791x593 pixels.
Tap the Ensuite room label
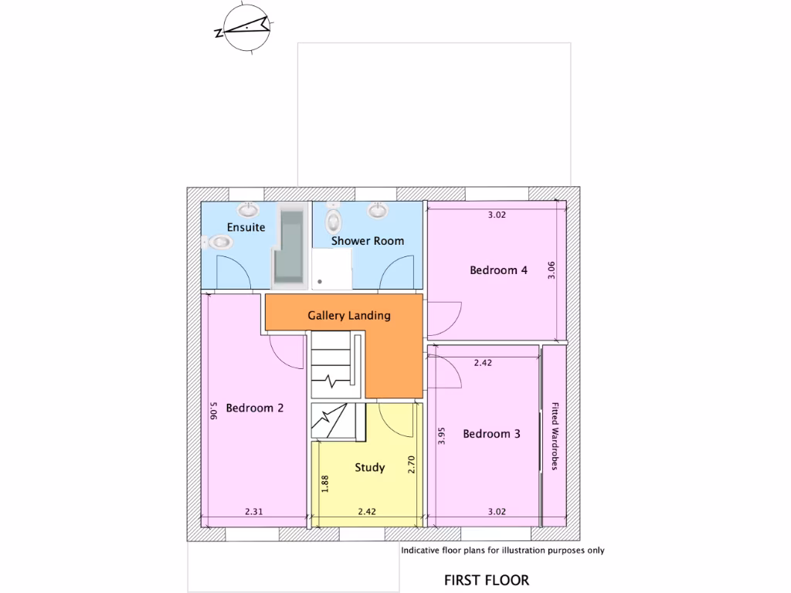point(246,227)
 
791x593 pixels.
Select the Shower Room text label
point(368,241)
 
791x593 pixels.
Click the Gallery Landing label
point(349,316)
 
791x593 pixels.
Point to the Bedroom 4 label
point(499,270)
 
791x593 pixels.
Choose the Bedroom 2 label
point(255,408)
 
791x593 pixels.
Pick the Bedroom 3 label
point(491,434)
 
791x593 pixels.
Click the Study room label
point(370,467)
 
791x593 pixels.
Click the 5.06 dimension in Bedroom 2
point(213,410)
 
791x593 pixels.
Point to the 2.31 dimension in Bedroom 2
point(256,511)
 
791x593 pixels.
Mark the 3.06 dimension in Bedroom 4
point(552,271)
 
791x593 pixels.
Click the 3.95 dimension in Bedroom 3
point(442,436)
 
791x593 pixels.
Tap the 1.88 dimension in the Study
point(325,483)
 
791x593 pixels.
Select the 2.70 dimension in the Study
point(411,464)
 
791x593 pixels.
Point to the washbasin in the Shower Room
point(378,210)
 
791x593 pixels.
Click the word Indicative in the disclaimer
point(421,551)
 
